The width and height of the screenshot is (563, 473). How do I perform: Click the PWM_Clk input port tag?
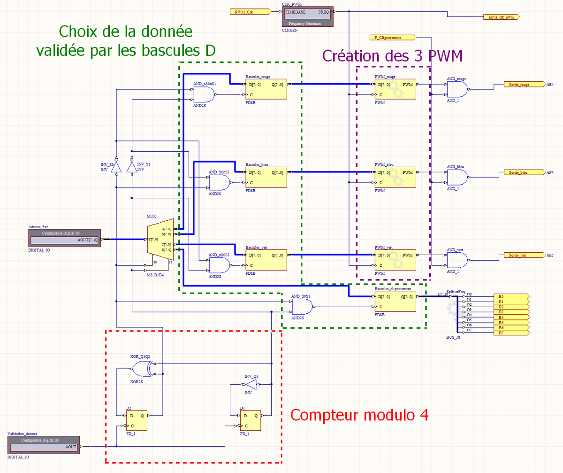click(249, 12)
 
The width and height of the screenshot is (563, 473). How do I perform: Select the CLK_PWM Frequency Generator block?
click(307, 16)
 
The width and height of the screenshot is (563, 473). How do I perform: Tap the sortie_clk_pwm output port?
click(501, 17)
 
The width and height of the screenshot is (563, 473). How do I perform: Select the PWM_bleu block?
click(395, 177)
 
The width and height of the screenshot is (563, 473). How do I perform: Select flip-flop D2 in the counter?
click(136, 421)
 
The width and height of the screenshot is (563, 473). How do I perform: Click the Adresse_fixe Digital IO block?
click(64, 238)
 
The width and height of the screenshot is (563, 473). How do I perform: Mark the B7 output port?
click(511, 333)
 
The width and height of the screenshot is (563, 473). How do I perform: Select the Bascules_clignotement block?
click(395, 301)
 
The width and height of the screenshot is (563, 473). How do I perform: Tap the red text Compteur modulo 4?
click(359, 415)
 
